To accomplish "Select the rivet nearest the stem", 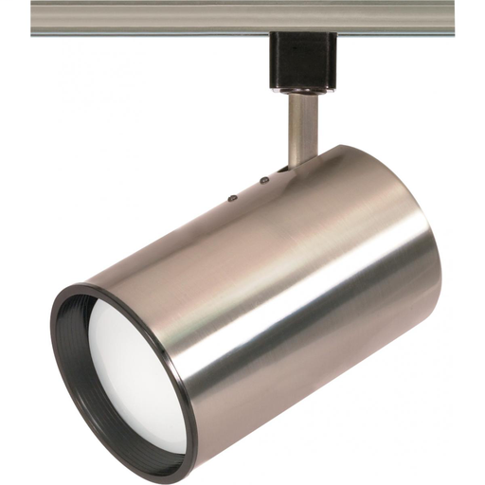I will tap(264, 179).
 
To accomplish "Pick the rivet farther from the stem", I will tap(232, 198).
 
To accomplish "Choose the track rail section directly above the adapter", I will tap(303, 17).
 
